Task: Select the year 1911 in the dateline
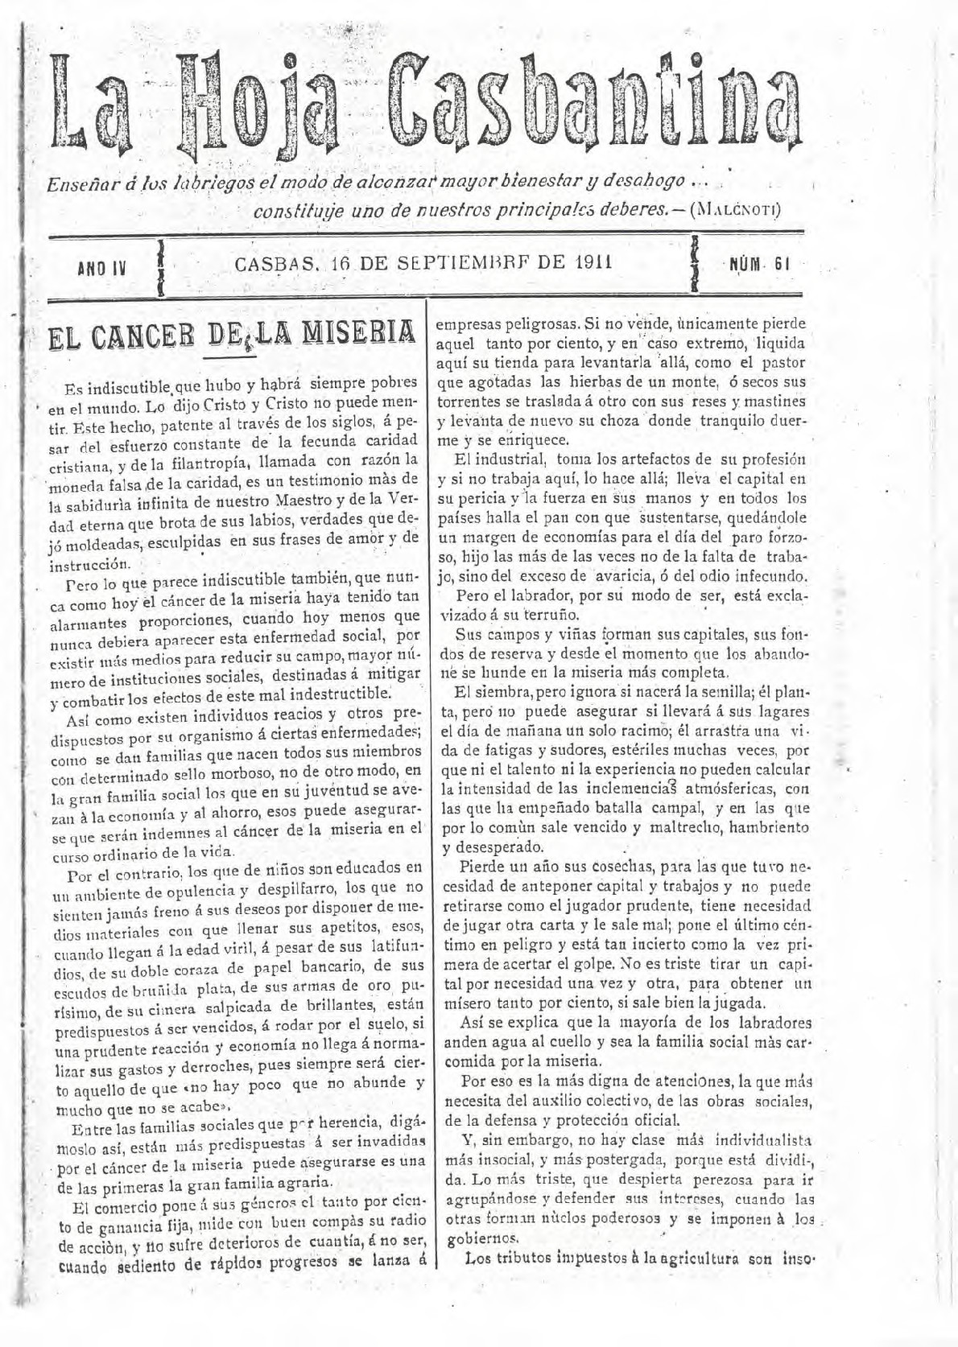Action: click(597, 262)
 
